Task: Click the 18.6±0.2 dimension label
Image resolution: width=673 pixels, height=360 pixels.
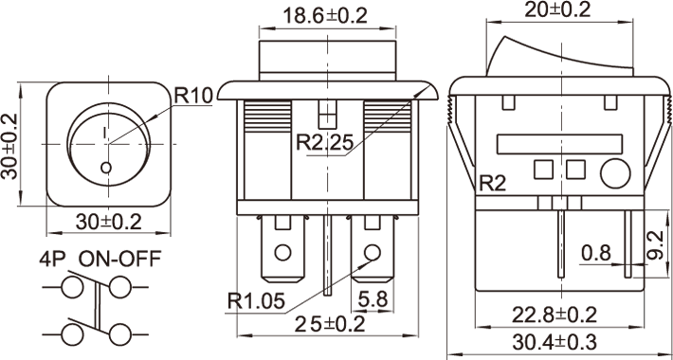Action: [x=325, y=16]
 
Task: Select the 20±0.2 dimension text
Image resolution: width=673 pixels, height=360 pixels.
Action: [x=557, y=9]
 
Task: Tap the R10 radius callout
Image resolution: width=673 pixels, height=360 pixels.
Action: [x=193, y=96]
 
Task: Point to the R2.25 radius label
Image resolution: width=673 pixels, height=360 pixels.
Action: [x=325, y=142]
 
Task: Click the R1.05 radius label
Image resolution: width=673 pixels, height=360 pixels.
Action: [x=256, y=300]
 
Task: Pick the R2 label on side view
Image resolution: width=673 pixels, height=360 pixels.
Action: [x=492, y=184]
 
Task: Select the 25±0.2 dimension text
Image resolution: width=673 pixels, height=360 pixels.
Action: [x=330, y=324]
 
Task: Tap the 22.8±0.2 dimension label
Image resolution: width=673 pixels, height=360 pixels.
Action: [x=555, y=315]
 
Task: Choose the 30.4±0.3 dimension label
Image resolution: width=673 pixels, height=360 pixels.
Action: [x=555, y=342]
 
